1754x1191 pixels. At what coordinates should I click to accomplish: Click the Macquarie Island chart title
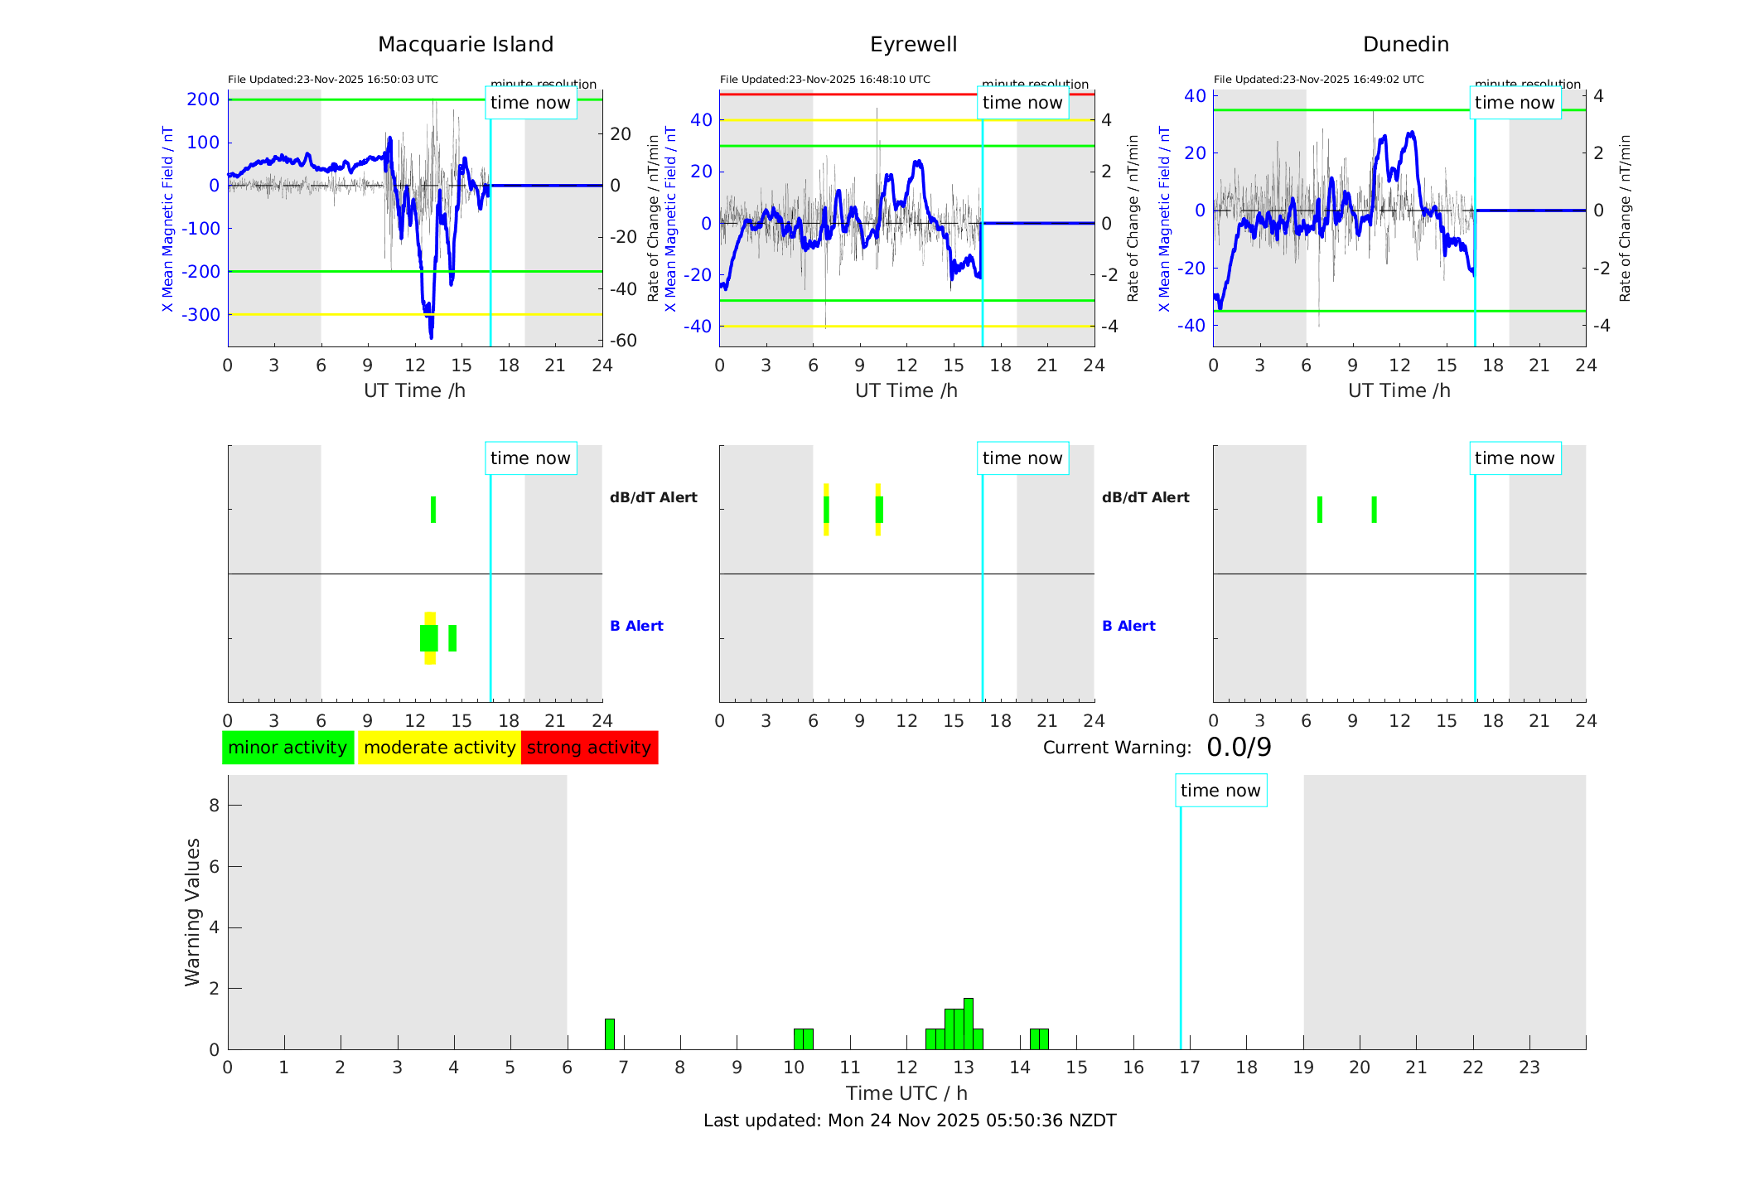coord(465,45)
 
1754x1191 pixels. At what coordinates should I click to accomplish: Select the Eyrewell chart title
coord(913,45)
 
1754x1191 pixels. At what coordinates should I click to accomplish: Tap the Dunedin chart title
coord(1405,45)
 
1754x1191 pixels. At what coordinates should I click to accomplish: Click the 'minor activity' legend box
coord(288,748)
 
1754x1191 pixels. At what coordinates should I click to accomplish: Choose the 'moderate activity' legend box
coord(439,748)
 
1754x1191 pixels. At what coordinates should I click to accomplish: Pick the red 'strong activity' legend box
coord(589,748)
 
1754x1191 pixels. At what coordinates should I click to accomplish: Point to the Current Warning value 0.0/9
coord(1239,748)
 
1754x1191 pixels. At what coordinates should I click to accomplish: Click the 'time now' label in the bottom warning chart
coord(1220,791)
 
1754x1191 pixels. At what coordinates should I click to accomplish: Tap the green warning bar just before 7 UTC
coord(610,1034)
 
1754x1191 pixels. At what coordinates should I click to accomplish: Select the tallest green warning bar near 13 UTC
coord(969,1024)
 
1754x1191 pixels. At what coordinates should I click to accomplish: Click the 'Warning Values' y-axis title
coord(193,912)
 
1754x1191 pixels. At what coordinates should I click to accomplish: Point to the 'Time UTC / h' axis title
coord(906,1093)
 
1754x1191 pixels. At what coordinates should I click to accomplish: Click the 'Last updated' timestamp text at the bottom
coord(910,1121)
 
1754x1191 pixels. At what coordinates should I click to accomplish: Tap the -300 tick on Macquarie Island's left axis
coord(201,315)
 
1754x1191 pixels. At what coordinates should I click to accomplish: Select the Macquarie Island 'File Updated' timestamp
coord(333,80)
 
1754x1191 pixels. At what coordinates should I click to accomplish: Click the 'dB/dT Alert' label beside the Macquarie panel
coord(653,497)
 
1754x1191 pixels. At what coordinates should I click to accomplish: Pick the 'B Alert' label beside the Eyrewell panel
coord(1128,626)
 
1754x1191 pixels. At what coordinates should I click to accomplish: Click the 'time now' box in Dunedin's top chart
coord(1515,103)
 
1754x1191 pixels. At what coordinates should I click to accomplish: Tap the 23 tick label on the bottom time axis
coord(1529,1068)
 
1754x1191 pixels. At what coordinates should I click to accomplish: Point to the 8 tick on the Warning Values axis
coord(215,805)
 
